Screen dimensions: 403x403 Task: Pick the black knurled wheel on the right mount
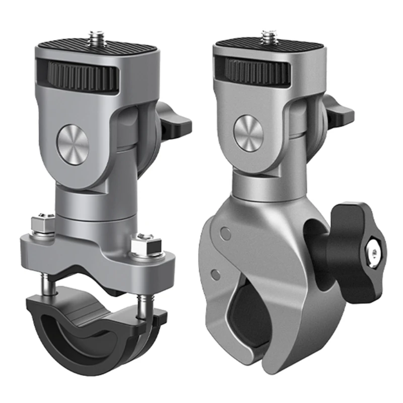point(257,71)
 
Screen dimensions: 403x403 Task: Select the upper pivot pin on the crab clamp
point(226,232)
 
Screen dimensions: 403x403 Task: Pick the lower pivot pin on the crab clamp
point(216,274)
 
